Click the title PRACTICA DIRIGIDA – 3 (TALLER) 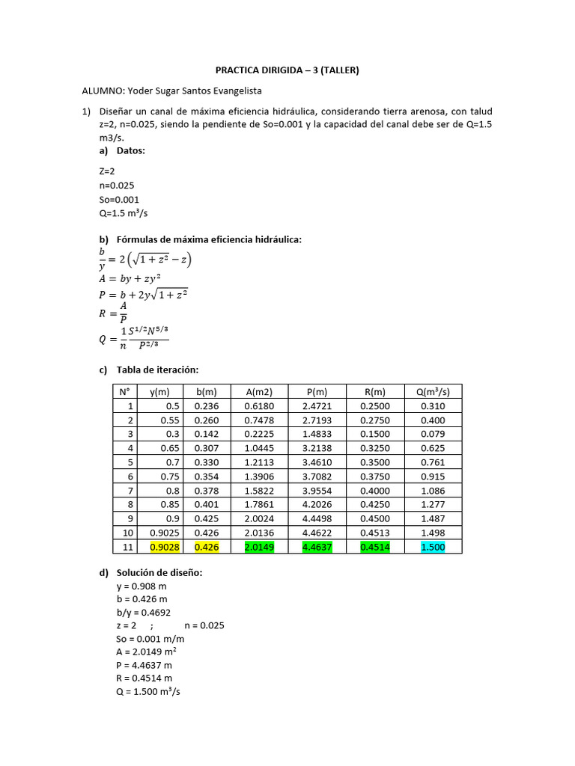point(287,71)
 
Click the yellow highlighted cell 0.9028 point(165,547)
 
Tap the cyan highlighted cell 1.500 point(433,547)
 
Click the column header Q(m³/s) point(433,391)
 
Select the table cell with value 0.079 point(433,434)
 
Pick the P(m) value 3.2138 point(317,448)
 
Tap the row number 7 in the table point(130,491)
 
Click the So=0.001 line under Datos point(119,200)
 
